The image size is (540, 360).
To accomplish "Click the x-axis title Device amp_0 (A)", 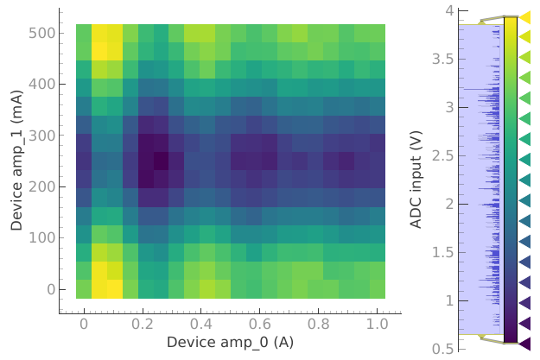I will coord(230,342).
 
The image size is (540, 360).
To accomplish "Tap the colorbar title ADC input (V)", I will coord(416,180).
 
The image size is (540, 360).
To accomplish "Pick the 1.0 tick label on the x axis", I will coord(376,323).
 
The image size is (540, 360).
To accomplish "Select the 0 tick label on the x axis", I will coord(84,323).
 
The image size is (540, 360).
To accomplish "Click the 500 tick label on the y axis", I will coord(44,33).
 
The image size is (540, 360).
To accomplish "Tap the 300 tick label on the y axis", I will coord(44,136).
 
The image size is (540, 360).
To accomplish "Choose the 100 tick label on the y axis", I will coord(44,237).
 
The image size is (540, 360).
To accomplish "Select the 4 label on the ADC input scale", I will coord(449,11).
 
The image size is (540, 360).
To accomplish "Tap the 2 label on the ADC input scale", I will coord(449,204).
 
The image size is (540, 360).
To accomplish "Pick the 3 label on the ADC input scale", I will coord(449,108).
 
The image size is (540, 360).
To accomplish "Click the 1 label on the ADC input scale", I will coord(449,300).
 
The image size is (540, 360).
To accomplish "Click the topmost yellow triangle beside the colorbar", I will coord(524,17).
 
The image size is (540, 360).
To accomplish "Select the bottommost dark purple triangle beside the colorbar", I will coord(524,343).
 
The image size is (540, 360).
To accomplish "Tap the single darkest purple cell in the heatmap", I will coord(162,161).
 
